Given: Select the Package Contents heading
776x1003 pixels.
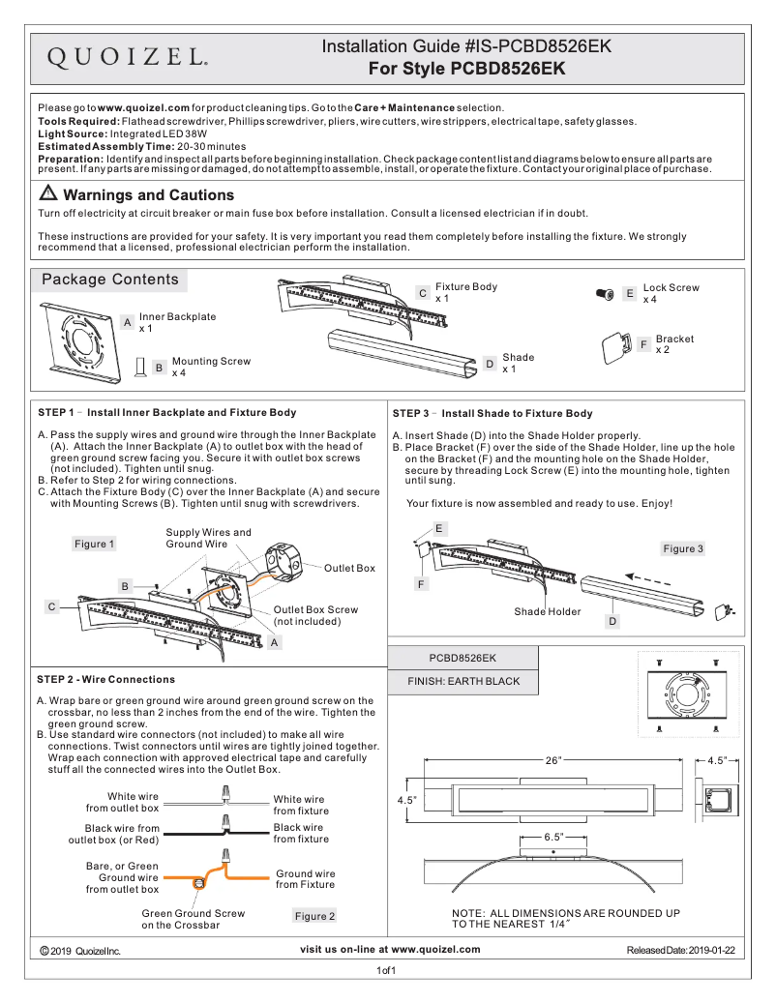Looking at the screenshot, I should [109, 280].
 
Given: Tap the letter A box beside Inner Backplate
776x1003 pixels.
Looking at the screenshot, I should [127, 322].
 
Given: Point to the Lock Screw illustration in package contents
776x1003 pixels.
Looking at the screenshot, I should [606, 293].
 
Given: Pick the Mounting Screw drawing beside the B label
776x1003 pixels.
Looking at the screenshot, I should [139, 367].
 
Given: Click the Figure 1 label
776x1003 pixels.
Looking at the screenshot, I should [94, 544].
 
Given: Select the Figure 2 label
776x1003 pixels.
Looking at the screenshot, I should [314, 915].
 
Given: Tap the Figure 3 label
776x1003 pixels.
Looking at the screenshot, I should [683, 548].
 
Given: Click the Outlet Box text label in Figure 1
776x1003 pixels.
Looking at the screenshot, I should [349, 568].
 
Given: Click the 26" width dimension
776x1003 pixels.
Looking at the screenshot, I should [552, 760].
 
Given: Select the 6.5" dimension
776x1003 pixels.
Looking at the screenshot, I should [553, 836].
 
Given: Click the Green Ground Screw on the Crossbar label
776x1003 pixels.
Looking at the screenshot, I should [194, 919].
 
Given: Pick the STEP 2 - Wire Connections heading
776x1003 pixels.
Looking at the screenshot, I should [105, 679].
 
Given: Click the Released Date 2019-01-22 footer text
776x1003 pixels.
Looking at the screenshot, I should [680, 951].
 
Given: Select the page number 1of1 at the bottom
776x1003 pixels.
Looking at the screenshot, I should [387, 970].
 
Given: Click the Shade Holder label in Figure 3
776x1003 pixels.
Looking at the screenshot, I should [548, 611].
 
